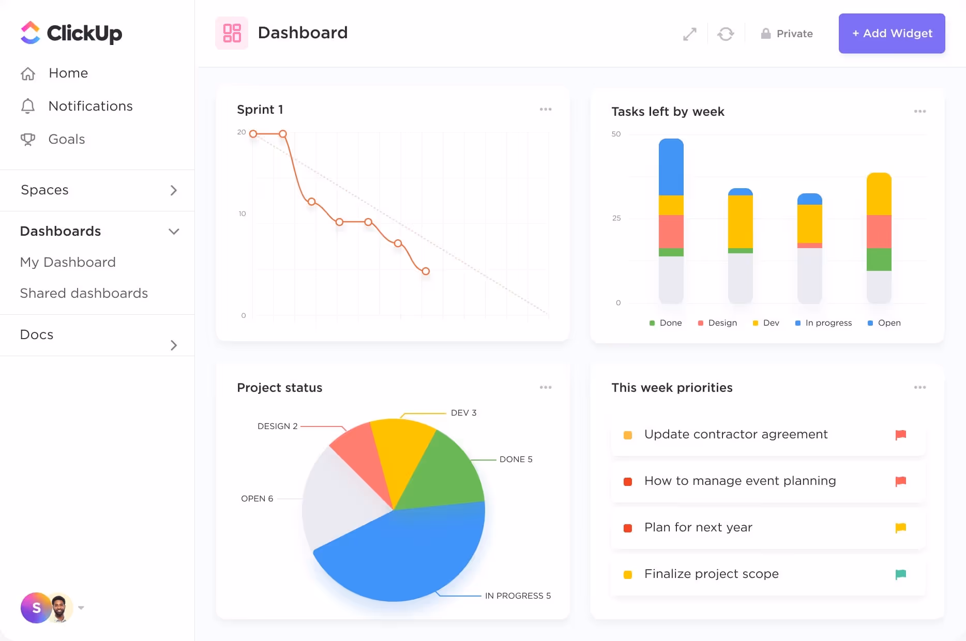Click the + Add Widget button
point(892,34)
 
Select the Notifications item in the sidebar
point(90,106)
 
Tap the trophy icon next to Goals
point(28,140)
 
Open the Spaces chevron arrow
point(174,190)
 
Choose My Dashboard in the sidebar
point(68,262)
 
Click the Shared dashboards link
point(84,293)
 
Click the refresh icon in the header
point(726,34)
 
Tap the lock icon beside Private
point(766,34)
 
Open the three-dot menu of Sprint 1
point(546,109)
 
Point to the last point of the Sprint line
point(426,271)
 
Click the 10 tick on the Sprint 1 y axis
point(242,213)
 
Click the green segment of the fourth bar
point(879,260)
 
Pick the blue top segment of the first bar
point(671,166)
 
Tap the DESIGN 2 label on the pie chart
point(278,426)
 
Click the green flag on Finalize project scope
point(900,574)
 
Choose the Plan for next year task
point(698,527)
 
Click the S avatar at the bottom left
point(36,608)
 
